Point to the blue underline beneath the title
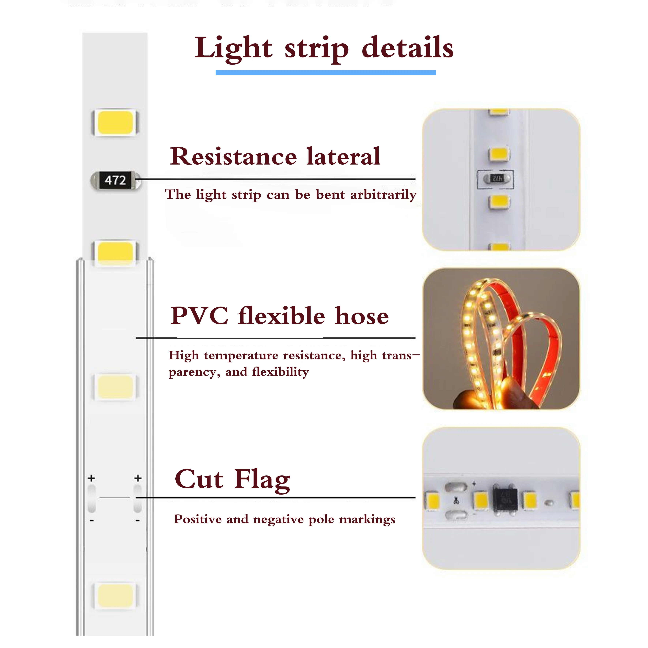[x=325, y=72]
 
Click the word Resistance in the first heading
[x=233, y=156]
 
